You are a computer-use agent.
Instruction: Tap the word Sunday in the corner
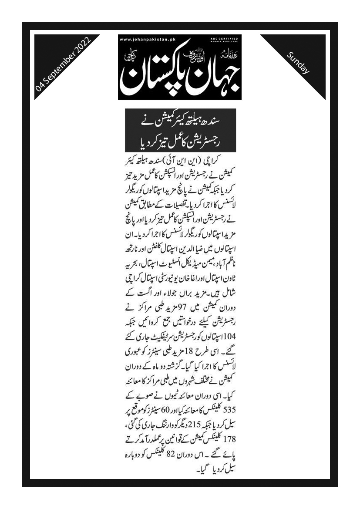pos(298,62)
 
